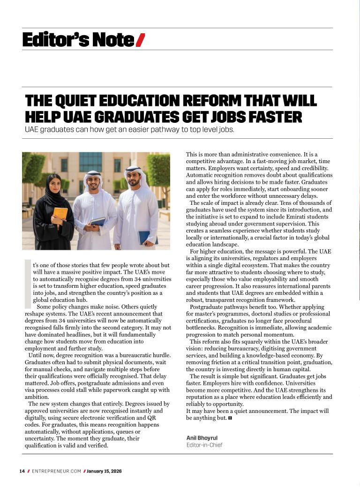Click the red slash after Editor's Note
(x=140, y=40)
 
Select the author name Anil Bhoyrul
(x=202, y=438)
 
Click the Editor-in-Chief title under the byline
(x=204, y=445)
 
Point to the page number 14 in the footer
(x=22, y=471)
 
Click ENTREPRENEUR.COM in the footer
(x=56, y=471)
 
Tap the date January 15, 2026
(x=104, y=471)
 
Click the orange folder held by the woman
(x=60, y=213)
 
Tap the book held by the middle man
(x=98, y=221)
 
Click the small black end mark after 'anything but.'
(x=230, y=418)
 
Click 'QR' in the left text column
(x=151, y=418)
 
